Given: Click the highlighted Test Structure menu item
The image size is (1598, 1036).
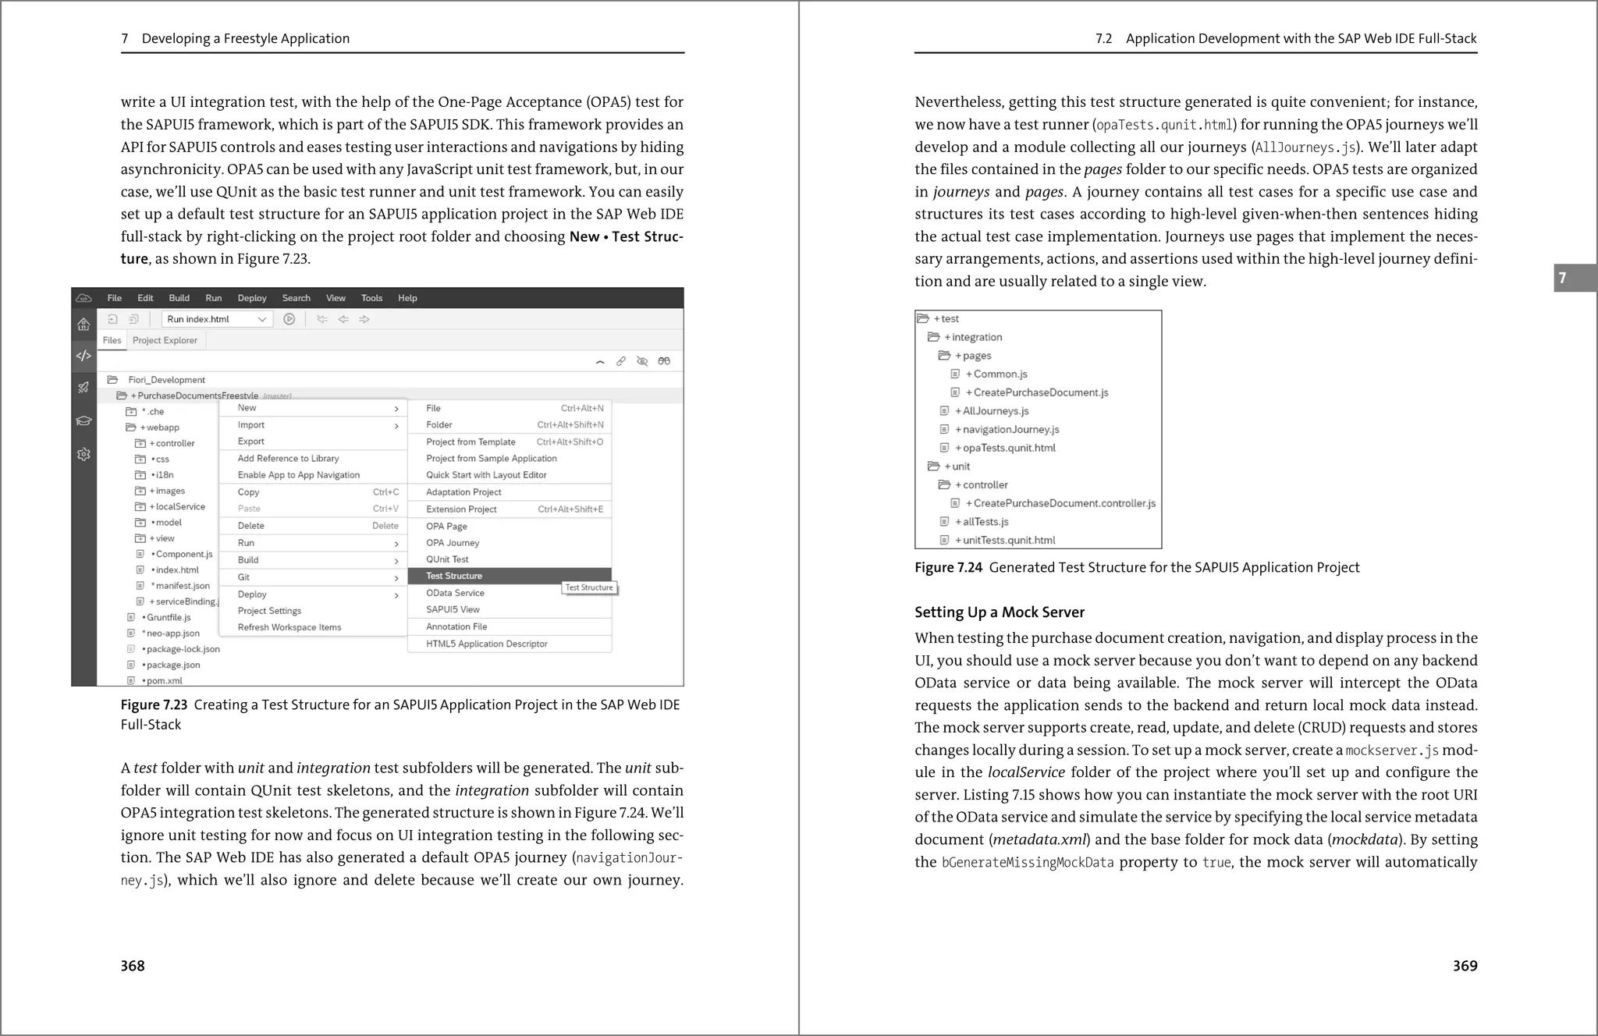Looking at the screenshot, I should point(454,576).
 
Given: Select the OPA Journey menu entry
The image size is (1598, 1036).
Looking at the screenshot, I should point(453,543).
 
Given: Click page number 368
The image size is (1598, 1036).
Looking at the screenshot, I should point(133,966).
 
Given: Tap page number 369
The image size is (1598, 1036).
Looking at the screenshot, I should point(1465,966).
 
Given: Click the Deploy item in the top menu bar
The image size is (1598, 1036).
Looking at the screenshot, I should point(251,298).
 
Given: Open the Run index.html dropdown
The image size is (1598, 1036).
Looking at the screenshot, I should point(217,319).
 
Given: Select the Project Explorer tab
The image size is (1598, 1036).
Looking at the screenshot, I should point(165,340).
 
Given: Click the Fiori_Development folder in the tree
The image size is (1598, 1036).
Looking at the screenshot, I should point(166,380).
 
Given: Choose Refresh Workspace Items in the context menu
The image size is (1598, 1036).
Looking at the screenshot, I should point(289,627).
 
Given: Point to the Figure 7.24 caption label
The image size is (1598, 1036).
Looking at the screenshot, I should point(948,568).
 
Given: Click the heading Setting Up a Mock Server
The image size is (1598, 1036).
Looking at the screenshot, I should point(999,612).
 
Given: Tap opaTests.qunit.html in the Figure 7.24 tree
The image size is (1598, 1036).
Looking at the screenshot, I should point(1008,448).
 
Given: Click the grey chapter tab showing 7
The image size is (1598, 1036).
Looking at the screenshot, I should point(1575,278).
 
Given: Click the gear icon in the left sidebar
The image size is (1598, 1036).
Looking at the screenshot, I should point(83,454).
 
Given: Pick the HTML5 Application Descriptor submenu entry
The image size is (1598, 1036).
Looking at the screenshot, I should point(486,644).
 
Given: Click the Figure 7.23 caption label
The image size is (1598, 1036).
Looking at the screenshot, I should point(154,705).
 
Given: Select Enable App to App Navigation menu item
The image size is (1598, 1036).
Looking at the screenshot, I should point(298,475).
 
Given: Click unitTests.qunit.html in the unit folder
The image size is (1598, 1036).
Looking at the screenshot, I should point(1008,540).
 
